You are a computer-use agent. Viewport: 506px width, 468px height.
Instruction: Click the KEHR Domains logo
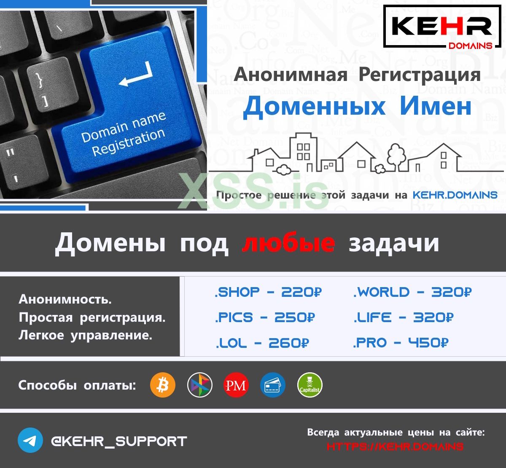[442, 27]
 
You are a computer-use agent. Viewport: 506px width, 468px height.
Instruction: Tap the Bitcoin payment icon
[162, 385]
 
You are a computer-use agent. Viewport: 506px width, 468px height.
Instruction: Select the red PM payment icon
[236, 385]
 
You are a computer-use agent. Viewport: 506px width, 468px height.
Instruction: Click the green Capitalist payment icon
[310, 385]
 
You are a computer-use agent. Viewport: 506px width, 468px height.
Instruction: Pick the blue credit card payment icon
[272, 385]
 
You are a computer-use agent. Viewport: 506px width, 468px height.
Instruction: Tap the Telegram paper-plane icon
[30, 441]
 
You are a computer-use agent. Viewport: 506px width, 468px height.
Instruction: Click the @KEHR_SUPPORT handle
[118, 441]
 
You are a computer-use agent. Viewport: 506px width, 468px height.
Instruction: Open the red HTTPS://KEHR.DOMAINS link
[395, 446]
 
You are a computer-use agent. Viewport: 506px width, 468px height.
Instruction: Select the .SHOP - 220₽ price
[268, 292]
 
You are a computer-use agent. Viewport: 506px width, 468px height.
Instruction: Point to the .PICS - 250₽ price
[264, 317]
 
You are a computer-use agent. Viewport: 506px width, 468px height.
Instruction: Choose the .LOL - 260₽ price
[262, 343]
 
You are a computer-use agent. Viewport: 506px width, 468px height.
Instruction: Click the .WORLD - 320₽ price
[412, 292]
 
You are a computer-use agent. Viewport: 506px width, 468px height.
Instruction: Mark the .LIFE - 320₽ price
[403, 317]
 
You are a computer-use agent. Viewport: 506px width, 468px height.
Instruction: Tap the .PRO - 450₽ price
[401, 343]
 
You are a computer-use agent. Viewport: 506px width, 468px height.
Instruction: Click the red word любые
[288, 243]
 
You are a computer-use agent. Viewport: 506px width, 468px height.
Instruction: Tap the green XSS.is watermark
[253, 192]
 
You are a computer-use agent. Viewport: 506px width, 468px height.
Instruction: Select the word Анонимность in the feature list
[65, 299]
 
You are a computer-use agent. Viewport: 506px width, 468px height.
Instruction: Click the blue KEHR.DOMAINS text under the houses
[455, 195]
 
